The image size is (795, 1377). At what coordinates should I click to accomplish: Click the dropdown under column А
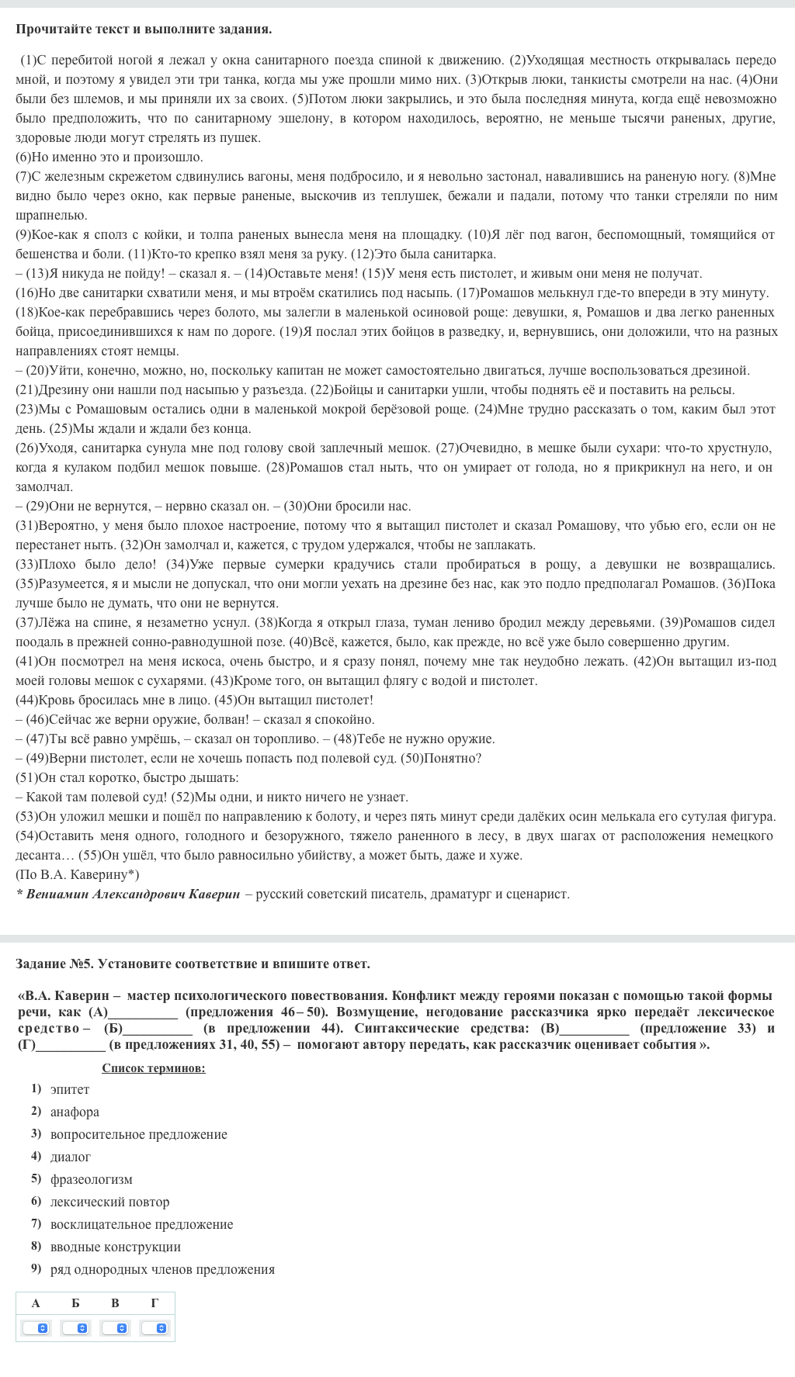(36, 1328)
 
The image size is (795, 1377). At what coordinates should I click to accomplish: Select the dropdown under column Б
(76, 1328)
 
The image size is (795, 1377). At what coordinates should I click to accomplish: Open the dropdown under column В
(116, 1328)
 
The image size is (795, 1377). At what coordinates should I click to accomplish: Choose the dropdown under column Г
(154, 1328)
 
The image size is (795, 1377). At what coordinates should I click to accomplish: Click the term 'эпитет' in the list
(70, 1089)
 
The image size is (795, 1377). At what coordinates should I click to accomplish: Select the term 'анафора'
(75, 1112)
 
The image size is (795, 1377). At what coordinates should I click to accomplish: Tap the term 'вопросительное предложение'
(138, 1134)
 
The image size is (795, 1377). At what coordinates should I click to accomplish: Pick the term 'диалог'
(71, 1157)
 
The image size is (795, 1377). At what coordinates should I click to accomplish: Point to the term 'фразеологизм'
(91, 1179)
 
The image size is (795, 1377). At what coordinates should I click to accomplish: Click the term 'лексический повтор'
(109, 1202)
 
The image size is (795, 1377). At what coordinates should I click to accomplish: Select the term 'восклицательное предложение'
(141, 1224)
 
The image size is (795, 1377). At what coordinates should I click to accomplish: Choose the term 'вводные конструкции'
(115, 1247)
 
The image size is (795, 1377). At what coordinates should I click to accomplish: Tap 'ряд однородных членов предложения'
(162, 1269)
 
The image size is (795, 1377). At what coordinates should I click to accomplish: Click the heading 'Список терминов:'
(154, 1068)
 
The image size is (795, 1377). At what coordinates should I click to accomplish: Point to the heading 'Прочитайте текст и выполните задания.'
(144, 29)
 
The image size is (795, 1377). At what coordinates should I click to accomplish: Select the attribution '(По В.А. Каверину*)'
(78, 874)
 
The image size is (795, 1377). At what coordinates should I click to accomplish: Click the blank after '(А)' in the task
(143, 1012)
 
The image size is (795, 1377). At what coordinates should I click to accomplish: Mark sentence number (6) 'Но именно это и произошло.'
(109, 157)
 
